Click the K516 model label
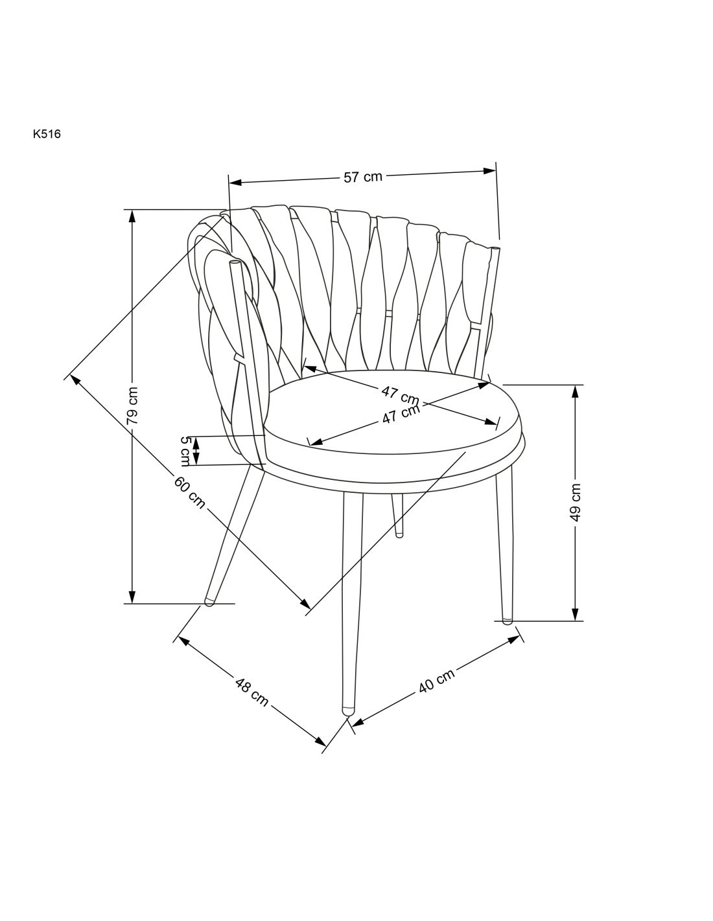point(47,134)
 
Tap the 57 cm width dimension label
point(362,176)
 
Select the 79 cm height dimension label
point(132,405)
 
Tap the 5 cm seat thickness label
point(185,451)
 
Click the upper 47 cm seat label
point(400,396)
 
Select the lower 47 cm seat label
point(401,414)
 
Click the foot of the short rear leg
point(398,535)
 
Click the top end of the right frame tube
point(495,247)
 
